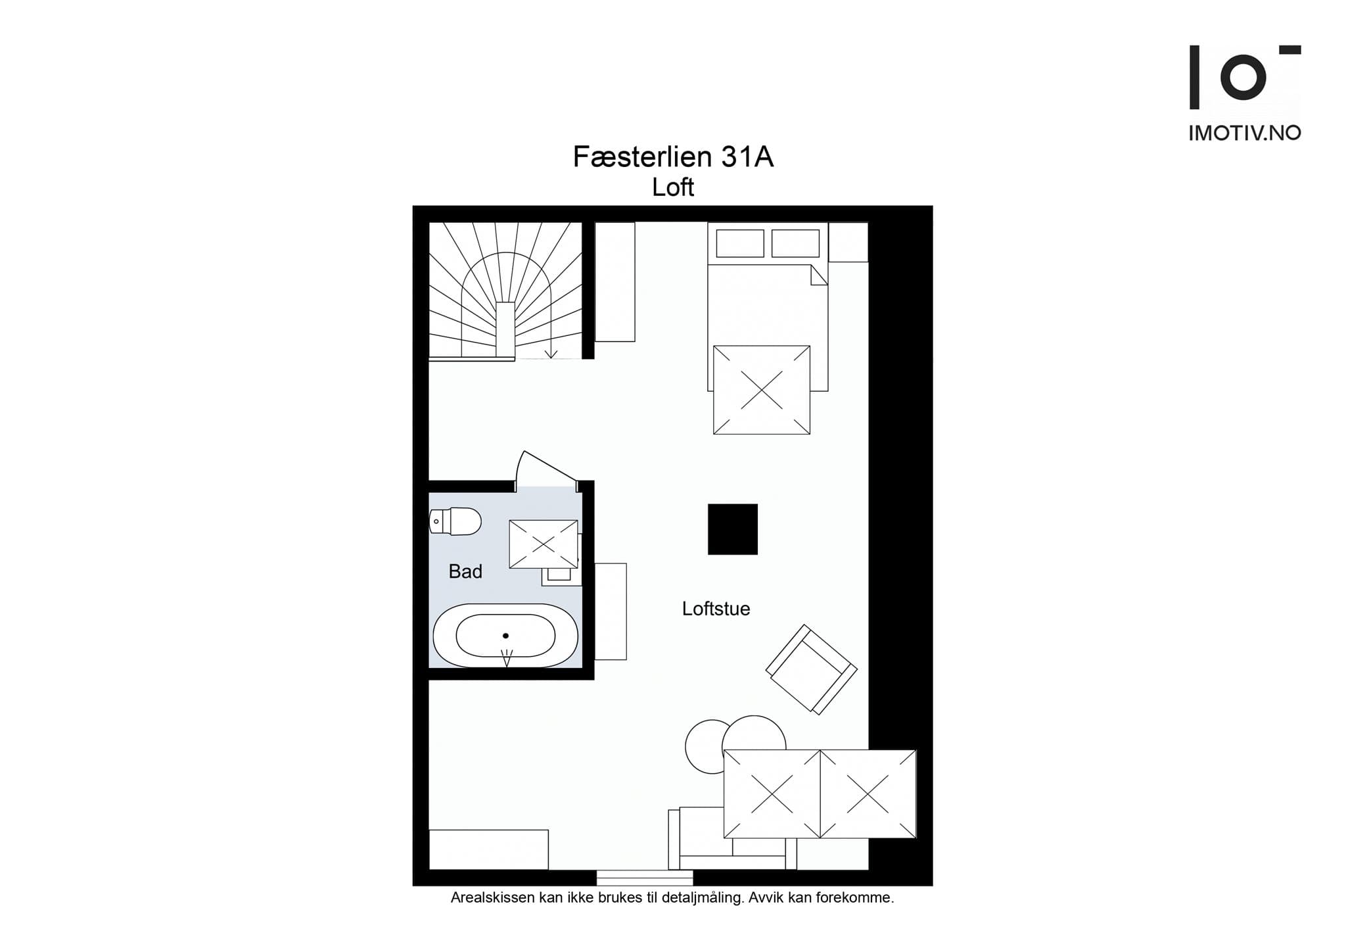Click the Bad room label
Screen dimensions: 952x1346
[465, 571]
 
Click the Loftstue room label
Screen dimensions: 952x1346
[716, 609]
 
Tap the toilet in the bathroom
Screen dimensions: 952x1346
[455, 521]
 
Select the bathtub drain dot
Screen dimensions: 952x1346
[505, 635]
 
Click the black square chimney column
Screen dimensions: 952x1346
[732, 529]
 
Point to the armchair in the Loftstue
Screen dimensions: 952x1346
[811, 669]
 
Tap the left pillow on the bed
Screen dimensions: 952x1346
[739, 243]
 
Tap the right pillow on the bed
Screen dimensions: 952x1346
[795, 243]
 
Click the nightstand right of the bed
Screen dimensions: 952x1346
[848, 242]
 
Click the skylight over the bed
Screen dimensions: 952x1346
[761, 390]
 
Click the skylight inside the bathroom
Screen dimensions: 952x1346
[544, 544]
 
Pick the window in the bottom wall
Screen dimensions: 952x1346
[644, 877]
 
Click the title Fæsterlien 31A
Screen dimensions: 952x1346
[672, 157]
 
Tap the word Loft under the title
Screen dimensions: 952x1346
[672, 188]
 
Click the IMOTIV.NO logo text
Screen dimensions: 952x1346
[1244, 133]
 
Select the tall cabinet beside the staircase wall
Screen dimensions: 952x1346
[615, 281]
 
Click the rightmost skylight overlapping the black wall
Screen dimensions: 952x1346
[868, 794]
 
